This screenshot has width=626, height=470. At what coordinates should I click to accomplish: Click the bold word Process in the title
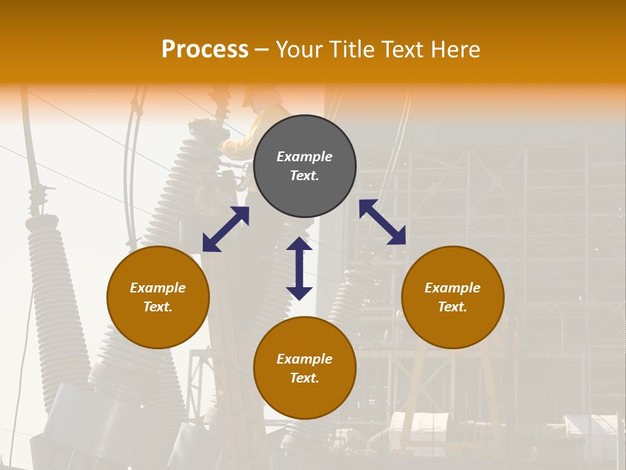click(205, 50)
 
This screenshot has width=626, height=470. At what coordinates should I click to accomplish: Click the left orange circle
click(158, 297)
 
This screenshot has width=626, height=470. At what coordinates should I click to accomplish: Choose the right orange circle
click(453, 297)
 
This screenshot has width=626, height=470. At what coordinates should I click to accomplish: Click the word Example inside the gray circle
click(305, 157)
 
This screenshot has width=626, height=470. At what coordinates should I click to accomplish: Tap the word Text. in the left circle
click(158, 307)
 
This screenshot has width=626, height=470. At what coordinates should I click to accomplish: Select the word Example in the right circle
click(453, 288)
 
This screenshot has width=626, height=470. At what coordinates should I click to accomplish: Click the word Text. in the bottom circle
click(305, 378)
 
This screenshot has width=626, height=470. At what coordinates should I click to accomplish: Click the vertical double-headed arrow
click(299, 268)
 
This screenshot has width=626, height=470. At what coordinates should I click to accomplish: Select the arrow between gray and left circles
click(226, 229)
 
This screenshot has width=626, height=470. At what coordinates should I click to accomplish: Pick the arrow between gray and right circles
click(382, 222)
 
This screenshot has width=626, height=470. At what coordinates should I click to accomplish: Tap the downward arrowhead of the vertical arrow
click(299, 293)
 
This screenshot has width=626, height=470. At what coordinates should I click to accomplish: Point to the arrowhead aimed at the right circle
click(396, 236)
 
